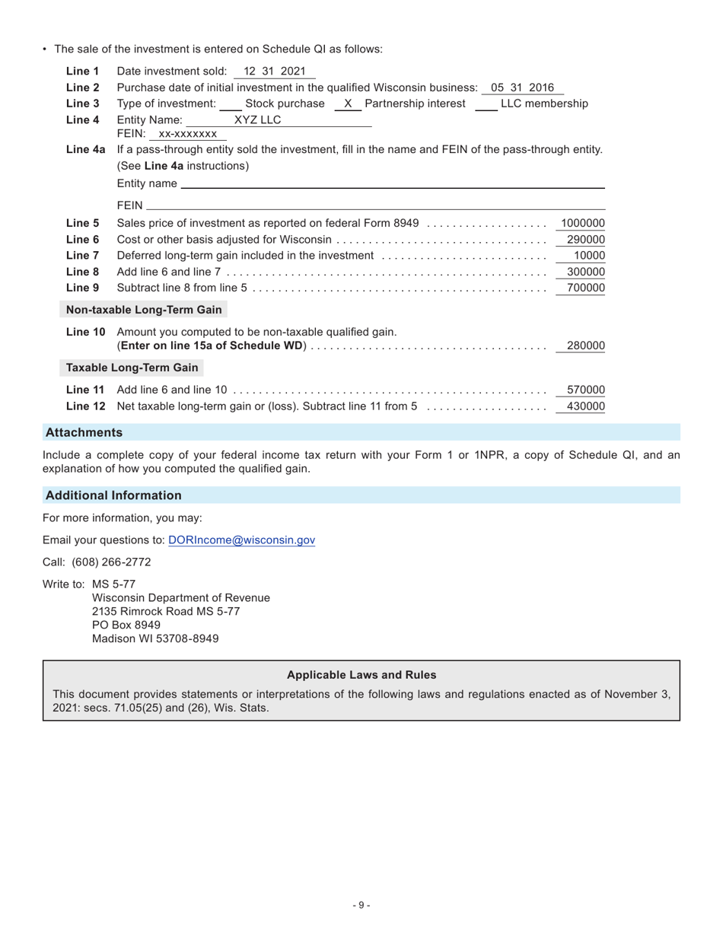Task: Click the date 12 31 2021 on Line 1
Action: tap(274, 72)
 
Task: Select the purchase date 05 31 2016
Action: tap(522, 88)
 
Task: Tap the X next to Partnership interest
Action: tap(348, 103)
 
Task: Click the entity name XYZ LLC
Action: tap(257, 119)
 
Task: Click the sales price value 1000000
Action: tap(582, 223)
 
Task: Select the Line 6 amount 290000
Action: tap(585, 240)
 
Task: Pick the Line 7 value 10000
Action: tap(589, 256)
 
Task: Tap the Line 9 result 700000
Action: tap(585, 288)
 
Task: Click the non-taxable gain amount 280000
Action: tap(585, 345)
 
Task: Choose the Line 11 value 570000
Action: tap(585, 390)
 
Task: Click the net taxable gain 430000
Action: tap(585, 406)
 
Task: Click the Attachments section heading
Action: tap(84, 432)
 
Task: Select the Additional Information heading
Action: tap(113, 495)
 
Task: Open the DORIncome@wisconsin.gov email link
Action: tap(241, 540)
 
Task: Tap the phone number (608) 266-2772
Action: tap(111, 562)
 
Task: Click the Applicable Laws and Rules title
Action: tap(361, 675)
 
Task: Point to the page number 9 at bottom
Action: tap(361, 905)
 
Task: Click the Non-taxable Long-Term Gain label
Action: tap(144, 310)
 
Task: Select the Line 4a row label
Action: tap(85, 149)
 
